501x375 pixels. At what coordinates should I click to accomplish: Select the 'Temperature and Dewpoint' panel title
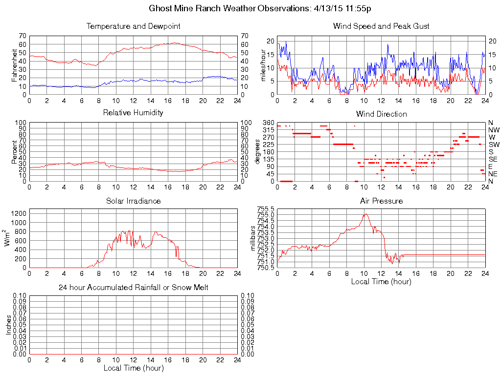(x=133, y=26)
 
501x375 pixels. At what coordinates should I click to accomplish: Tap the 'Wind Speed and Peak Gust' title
(x=381, y=26)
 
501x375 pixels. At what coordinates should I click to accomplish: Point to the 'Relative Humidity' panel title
(x=133, y=113)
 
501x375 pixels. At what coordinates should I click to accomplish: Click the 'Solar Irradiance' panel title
(x=133, y=201)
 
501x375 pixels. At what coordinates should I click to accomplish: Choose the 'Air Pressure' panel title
(x=381, y=201)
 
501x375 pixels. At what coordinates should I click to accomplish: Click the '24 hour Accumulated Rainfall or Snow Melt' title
(x=133, y=288)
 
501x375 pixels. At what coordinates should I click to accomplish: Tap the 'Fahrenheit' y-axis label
(x=15, y=64)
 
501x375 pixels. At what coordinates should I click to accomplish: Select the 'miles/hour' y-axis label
(x=263, y=64)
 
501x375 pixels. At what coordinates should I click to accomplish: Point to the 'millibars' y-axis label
(x=253, y=238)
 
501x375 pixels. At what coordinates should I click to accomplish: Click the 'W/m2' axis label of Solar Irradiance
(x=8, y=238)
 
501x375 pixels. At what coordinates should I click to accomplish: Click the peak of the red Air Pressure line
(x=365, y=214)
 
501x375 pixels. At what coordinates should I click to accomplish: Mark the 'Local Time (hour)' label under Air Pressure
(x=381, y=281)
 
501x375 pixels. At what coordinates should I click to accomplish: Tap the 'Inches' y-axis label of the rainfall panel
(x=8, y=325)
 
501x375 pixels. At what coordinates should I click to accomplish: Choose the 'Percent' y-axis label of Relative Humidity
(x=15, y=151)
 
